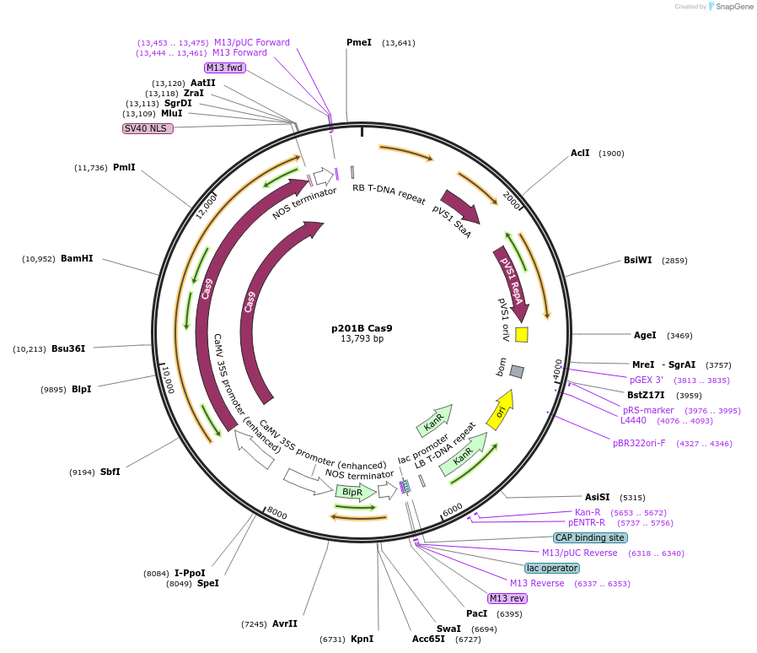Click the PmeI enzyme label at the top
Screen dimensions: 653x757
tap(358, 42)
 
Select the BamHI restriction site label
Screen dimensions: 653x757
tap(77, 258)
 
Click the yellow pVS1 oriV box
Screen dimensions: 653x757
tap(522, 334)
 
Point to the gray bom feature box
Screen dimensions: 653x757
tap(517, 371)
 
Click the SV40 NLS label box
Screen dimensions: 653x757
tap(148, 128)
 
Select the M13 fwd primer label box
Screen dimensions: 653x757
tap(224, 67)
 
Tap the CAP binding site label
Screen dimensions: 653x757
tap(590, 537)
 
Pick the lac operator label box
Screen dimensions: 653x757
tap(551, 568)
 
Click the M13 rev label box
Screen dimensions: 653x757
tap(507, 598)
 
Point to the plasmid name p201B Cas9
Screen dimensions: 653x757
tap(362, 328)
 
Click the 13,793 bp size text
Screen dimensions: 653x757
tap(362, 339)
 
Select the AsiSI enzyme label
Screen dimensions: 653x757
tap(597, 497)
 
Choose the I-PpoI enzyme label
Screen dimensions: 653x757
tap(189, 573)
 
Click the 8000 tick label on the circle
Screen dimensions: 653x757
tap(277, 515)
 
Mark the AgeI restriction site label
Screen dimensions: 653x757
tap(645, 335)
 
